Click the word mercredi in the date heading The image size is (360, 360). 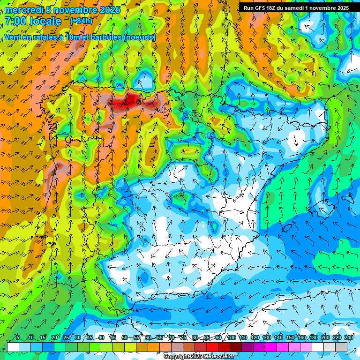coord(23,10)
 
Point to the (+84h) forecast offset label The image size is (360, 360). coord(81,21)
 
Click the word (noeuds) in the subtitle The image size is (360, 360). coord(139,37)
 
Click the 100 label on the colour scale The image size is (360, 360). coord(232,337)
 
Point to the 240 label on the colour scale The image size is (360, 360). coord(349,337)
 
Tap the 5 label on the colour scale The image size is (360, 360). coord(17,337)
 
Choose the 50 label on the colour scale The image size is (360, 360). coord(125,337)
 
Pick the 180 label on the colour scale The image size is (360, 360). coord(313,337)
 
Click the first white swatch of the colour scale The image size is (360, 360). coord(13,347)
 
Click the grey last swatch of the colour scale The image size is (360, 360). coord(341,347)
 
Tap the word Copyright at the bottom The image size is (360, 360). coord(177,357)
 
